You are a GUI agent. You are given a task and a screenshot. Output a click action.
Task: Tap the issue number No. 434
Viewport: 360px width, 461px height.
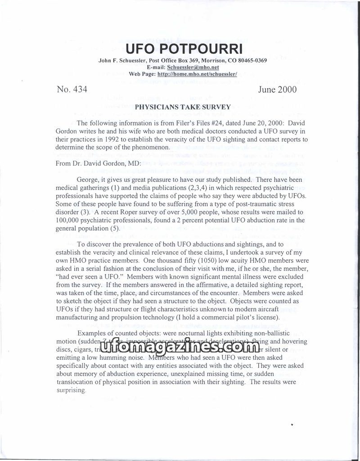coord(72,90)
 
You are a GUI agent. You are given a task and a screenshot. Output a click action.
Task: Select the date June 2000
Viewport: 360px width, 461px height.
coord(277,90)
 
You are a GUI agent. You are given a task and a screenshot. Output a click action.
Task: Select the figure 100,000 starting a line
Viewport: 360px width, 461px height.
coord(69,220)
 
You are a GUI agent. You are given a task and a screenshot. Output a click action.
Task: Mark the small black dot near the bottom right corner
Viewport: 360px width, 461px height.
coord(292,424)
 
